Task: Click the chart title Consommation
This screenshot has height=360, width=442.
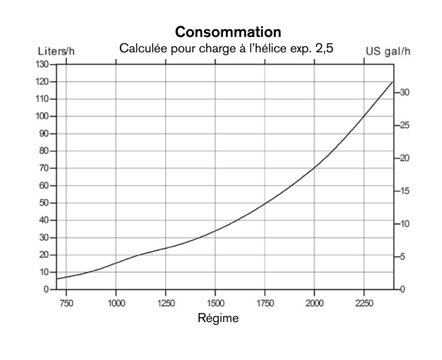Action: point(227,34)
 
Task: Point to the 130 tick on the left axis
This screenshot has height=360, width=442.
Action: point(44,64)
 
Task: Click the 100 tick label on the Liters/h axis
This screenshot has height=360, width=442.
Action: point(44,117)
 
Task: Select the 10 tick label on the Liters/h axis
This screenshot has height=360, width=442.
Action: point(46,272)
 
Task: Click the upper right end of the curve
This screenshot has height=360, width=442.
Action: point(393,82)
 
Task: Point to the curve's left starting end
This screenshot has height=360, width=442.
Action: point(57,279)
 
